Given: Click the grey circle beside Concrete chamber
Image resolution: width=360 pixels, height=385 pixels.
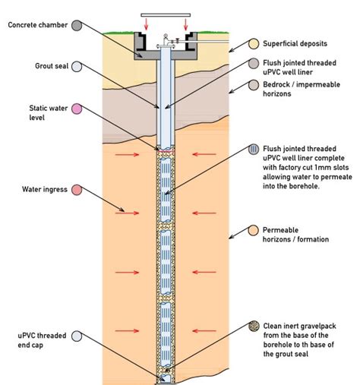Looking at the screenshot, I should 77,26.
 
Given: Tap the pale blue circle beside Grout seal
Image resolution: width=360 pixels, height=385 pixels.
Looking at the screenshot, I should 77,66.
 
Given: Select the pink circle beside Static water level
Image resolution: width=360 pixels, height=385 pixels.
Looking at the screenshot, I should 77,110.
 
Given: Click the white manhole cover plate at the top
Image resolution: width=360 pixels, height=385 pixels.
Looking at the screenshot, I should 163,15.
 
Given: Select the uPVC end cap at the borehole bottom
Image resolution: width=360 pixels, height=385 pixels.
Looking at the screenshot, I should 164,377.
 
